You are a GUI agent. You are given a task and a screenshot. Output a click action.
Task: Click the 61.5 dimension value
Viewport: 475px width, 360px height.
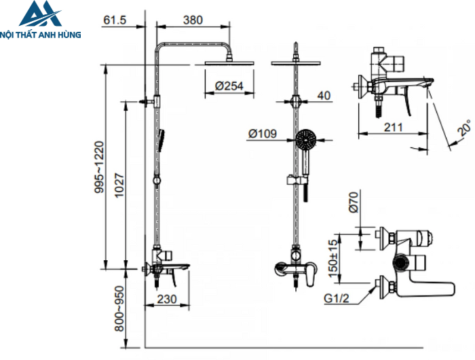(x=114, y=20)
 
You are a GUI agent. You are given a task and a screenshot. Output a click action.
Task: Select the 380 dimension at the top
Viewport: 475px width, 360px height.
(x=193, y=20)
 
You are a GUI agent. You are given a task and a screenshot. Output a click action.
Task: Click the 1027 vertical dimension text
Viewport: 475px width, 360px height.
(x=119, y=185)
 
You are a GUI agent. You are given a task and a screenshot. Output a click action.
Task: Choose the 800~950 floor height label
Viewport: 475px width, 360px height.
(x=119, y=306)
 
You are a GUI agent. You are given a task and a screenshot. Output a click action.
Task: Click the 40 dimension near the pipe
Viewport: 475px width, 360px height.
(x=324, y=96)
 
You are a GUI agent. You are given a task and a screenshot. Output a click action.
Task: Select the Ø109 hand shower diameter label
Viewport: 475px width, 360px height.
(x=262, y=134)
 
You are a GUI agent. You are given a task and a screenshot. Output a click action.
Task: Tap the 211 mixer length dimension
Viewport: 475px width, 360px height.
(x=393, y=126)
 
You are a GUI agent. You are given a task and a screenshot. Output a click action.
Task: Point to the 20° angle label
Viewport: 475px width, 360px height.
(x=464, y=128)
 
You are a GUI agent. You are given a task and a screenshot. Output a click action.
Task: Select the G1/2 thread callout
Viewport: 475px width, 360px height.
(x=337, y=298)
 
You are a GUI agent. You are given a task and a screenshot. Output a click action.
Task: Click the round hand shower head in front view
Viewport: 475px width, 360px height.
(x=306, y=141)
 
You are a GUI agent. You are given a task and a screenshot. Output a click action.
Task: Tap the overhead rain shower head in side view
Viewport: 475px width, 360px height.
(x=229, y=65)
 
